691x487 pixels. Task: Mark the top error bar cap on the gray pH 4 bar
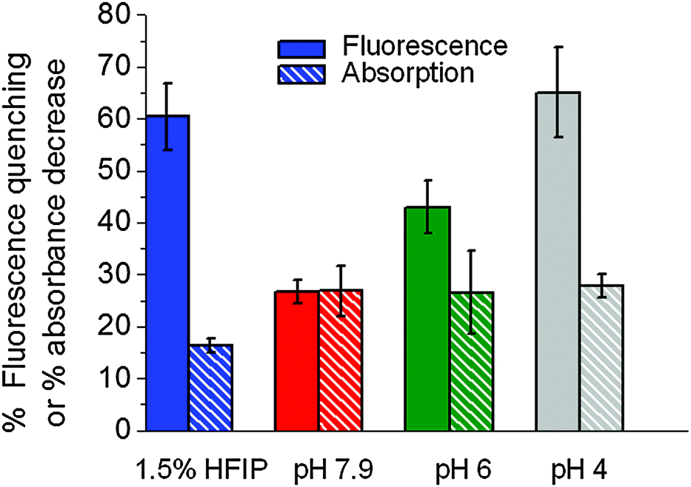558,47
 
